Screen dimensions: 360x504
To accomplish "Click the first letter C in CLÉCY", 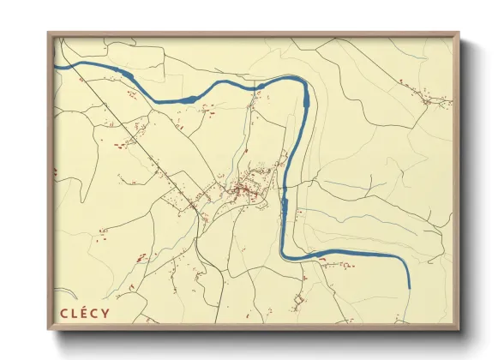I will (x=63, y=315).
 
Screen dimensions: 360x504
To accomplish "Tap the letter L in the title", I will (x=75, y=315).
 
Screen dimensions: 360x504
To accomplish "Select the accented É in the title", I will (x=85, y=315).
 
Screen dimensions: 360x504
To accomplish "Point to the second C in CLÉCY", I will (x=96, y=315).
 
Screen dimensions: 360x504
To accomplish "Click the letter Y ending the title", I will (x=107, y=315).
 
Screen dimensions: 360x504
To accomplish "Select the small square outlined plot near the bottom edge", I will (x=298, y=302).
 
